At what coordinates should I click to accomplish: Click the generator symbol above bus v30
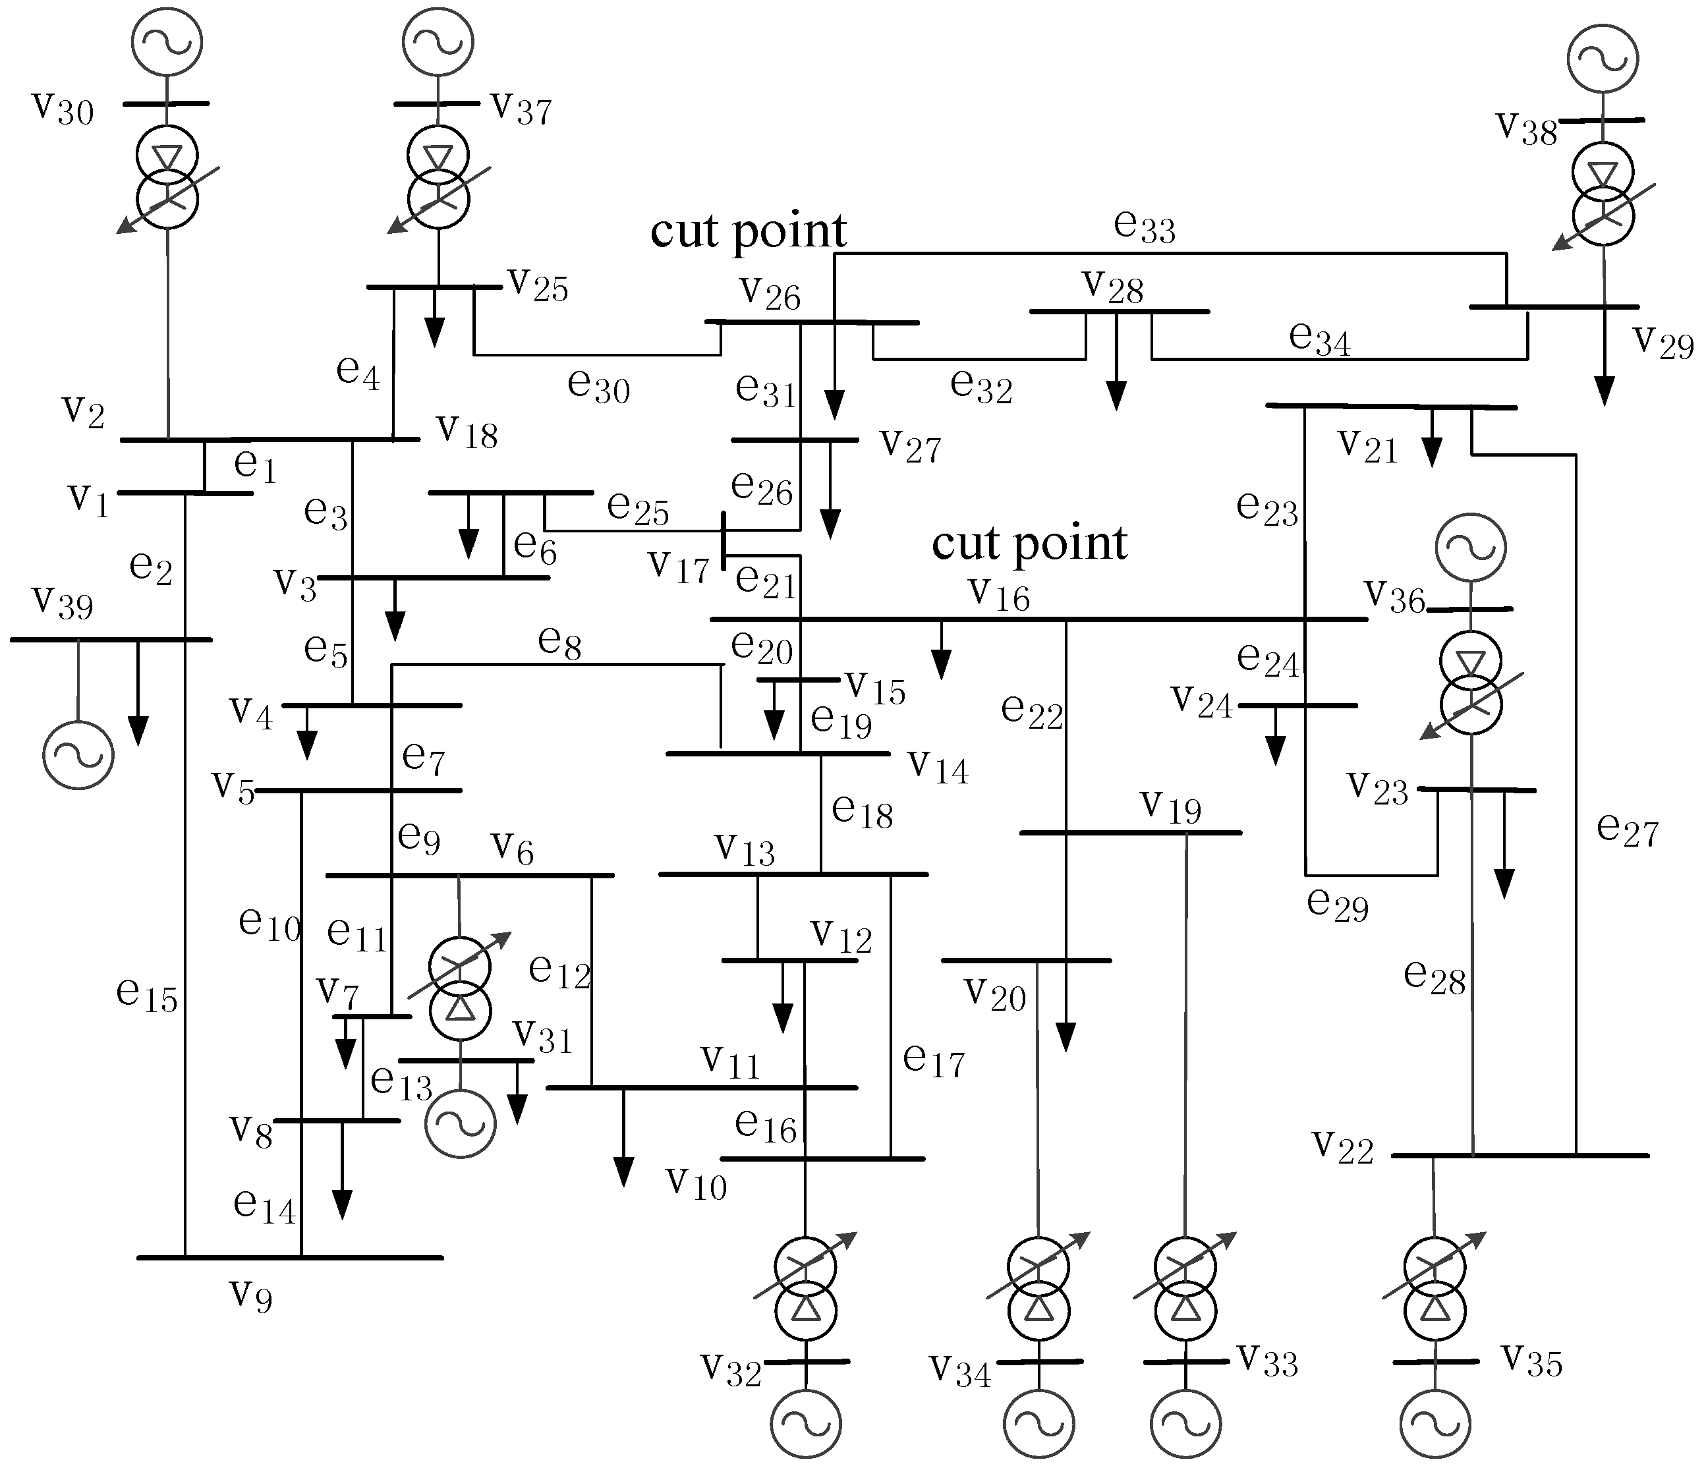[x=167, y=41]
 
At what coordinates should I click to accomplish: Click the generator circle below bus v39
[x=78, y=754]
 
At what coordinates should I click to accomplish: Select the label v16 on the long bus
[x=999, y=594]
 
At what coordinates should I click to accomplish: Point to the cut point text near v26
[x=748, y=231]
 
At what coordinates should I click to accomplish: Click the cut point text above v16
[x=1029, y=544]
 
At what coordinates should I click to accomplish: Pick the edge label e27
[x=1627, y=828]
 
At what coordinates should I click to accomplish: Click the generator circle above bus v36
[x=1471, y=548]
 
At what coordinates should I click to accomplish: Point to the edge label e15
[x=146, y=994]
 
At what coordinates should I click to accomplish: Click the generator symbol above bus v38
[x=1603, y=57]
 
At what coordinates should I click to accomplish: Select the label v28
[x=1112, y=287]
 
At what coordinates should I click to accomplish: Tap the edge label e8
[x=560, y=641]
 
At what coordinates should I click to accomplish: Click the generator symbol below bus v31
[x=460, y=1123]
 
